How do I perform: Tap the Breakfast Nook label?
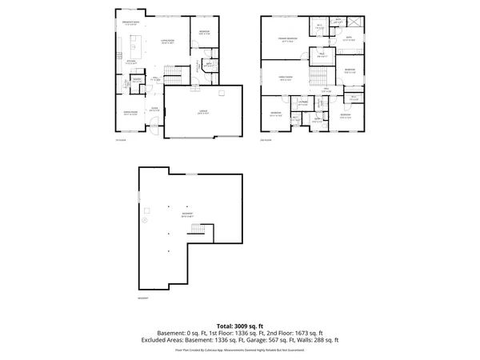132,23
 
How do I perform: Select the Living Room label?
166,42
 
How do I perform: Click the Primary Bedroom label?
287,39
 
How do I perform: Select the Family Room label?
286,78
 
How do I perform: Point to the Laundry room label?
303,103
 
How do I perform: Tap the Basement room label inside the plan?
188,215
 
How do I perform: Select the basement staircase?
198,231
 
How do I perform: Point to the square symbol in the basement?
170,251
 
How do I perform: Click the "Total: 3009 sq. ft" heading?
240,326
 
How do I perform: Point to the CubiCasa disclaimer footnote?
240,350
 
